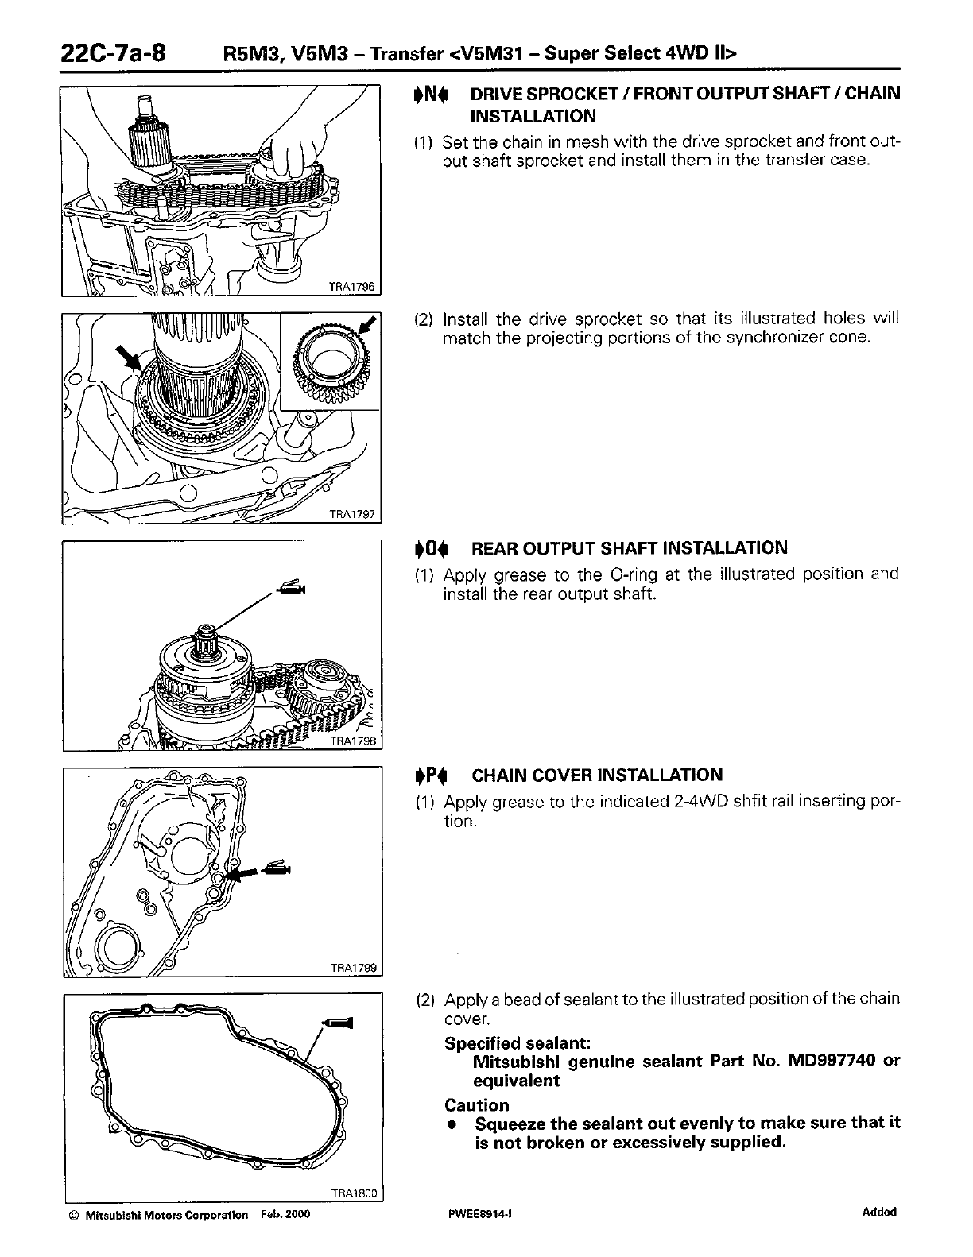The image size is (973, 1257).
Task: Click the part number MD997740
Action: click(x=830, y=1062)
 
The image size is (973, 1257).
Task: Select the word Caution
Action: click(x=477, y=1105)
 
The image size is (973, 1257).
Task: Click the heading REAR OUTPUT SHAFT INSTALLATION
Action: click(x=629, y=548)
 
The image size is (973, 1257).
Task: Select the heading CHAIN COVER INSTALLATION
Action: click(x=597, y=775)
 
